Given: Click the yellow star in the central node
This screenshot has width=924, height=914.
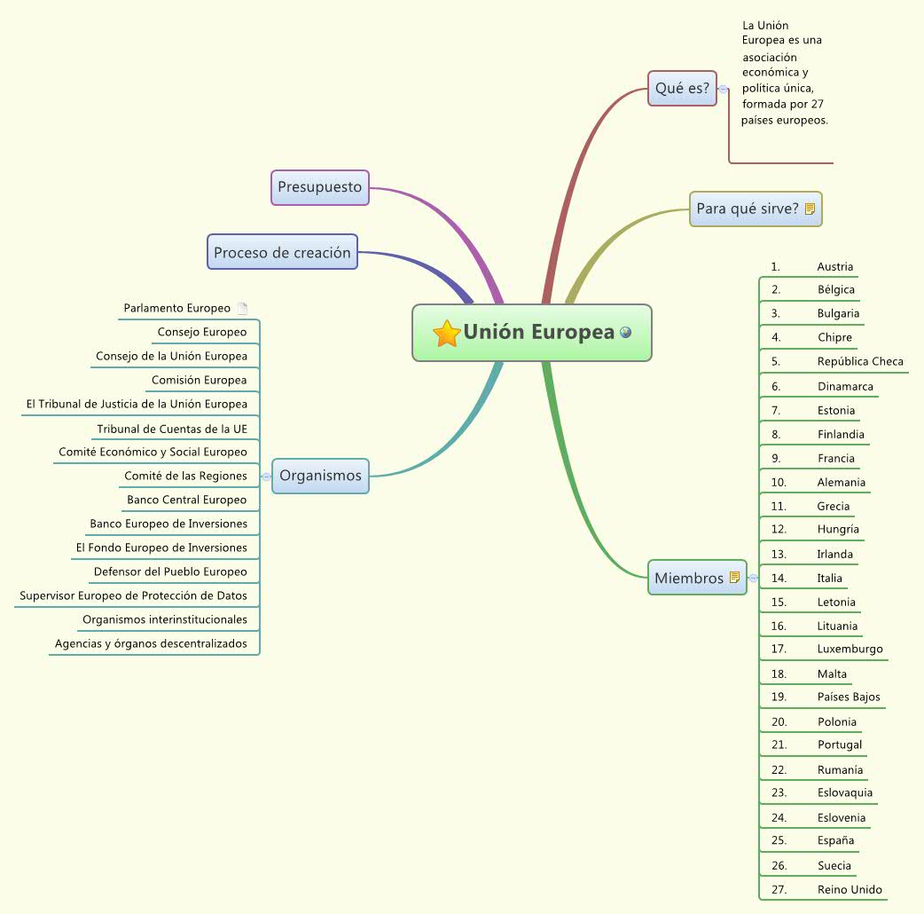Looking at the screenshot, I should [x=446, y=334].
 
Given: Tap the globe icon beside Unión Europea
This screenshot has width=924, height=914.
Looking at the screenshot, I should [x=626, y=332].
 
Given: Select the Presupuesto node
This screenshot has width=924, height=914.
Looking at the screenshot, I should [x=319, y=187].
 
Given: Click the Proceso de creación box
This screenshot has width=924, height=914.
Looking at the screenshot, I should [x=282, y=252].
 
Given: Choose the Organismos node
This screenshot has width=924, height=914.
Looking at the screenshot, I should [x=320, y=476].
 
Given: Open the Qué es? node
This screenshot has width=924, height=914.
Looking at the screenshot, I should [x=681, y=89].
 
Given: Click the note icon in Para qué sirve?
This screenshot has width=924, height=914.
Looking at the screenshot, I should [x=810, y=209].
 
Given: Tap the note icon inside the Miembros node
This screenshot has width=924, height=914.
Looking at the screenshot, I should [x=734, y=578].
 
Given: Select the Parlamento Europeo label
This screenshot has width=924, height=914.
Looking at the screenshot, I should [x=176, y=309].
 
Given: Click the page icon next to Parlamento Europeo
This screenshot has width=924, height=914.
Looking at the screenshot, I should [x=242, y=309].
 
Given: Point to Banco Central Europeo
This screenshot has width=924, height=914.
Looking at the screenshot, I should [x=186, y=500].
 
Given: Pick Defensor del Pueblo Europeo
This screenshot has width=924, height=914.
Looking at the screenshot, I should [x=170, y=571].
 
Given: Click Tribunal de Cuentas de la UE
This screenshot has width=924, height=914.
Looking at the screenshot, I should [x=172, y=429].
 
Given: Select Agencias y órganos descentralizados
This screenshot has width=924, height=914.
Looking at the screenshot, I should [x=151, y=643].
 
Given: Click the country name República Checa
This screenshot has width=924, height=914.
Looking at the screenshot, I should [x=860, y=361].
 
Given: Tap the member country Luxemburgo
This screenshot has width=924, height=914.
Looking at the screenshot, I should [x=850, y=649].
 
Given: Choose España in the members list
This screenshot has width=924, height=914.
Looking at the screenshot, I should [x=835, y=840].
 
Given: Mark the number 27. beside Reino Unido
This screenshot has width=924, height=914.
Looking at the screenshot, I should [x=779, y=889].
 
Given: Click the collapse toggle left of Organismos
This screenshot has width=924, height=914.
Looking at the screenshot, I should [x=266, y=477].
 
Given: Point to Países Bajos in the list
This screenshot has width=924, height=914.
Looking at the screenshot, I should [x=849, y=697].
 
